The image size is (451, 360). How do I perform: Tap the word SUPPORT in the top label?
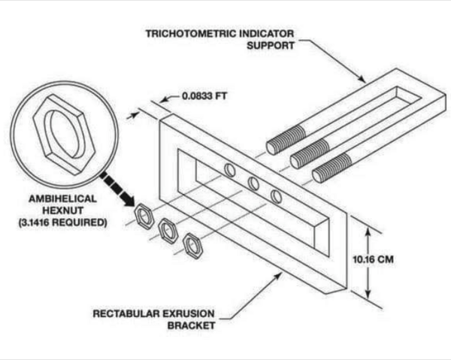point(271,44)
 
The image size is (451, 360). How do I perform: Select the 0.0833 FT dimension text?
point(206,96)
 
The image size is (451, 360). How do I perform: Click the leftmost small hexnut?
point(143,217)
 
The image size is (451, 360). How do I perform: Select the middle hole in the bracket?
point(253,183)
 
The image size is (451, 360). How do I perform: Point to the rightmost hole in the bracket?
point(277,197)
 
